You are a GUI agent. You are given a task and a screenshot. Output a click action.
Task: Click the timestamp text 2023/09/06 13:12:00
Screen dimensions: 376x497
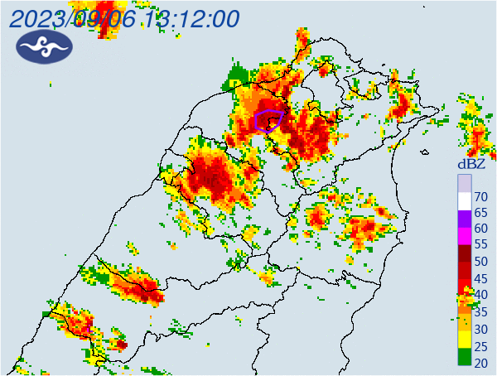click(124, 18)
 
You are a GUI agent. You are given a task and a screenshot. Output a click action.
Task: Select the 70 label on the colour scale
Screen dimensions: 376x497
click(480, 196)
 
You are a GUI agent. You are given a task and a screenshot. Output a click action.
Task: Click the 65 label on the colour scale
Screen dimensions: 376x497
click(480, 212)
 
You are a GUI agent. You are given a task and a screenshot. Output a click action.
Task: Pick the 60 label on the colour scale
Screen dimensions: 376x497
click(480, 229)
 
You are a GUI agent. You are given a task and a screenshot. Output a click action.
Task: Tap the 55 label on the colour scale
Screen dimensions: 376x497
click(480, 245)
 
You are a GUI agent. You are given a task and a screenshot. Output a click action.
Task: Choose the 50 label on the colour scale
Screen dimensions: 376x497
click(480, 262)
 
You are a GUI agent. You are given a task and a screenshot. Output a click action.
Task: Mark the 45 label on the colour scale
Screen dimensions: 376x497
click(480, 278)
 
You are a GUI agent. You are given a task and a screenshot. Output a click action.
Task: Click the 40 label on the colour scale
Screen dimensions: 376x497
click(480, 295)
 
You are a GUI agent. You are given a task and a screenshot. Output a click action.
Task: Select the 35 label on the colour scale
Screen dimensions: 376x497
click(480, 311)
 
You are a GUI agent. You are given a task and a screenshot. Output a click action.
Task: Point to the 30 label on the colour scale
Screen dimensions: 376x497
click(480, 329)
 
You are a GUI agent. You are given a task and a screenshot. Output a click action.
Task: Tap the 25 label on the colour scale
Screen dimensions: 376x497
click(480, 345)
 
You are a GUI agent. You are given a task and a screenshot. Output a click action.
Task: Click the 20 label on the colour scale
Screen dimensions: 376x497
click(480, 362)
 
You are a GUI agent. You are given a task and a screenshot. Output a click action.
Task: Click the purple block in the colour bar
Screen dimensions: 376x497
click(465, 219)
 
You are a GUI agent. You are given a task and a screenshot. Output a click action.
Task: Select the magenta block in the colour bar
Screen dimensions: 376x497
click(465, 236)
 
